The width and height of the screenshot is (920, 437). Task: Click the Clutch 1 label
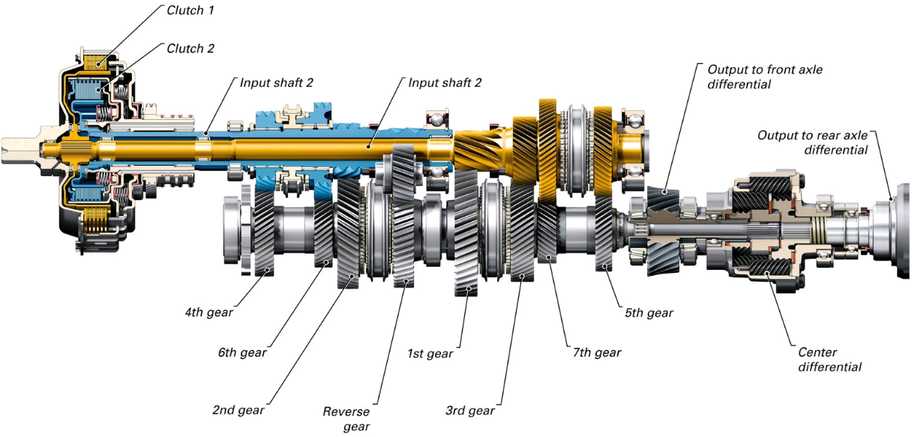190,10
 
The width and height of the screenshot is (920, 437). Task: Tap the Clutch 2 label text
190,49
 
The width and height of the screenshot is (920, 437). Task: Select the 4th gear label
208,312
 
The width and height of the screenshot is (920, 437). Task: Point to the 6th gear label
242,352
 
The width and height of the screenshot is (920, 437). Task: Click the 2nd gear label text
238,410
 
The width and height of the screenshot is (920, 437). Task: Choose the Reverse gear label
346,419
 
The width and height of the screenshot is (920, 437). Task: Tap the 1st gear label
430,353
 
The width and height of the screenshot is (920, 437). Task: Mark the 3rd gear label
470,410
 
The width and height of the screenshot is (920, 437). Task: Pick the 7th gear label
597,352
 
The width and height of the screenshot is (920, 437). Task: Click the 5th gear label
649,313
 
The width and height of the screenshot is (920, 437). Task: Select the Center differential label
829,359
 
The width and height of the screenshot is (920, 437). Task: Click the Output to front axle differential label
765,76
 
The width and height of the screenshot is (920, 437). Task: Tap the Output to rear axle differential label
812,142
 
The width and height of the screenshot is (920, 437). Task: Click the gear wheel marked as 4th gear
264,233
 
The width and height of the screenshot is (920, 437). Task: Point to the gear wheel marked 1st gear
466,232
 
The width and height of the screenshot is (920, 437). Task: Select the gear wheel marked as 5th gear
604,233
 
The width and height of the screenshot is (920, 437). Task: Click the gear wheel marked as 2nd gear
349,233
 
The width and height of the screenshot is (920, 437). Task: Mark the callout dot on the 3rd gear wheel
522,276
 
